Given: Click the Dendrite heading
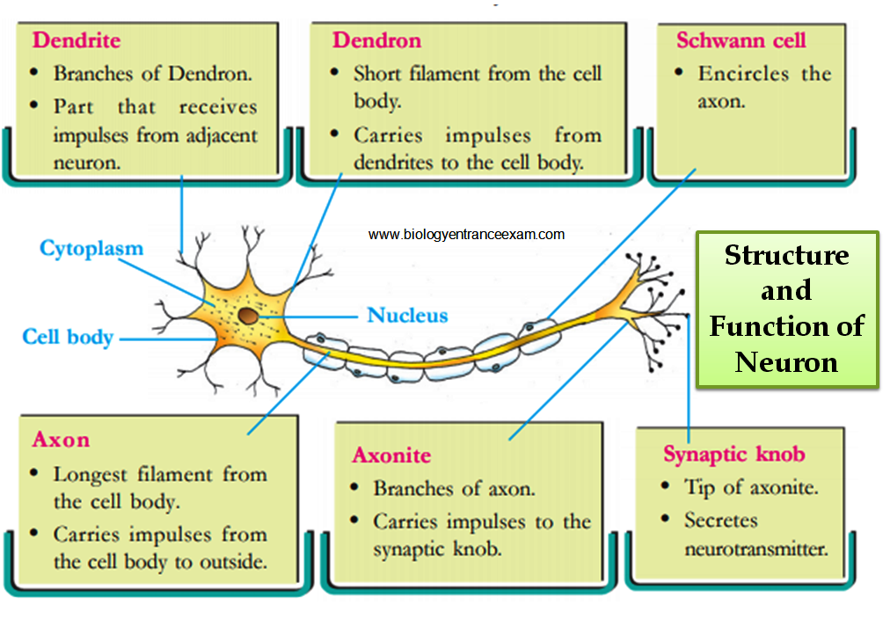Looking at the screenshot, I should (x=76, y=40).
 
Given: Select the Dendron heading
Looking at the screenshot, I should (x=376, y=40).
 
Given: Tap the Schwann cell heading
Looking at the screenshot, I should (x=740, y=40).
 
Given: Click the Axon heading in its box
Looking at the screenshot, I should (x=61, y=440).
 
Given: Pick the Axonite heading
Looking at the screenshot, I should (x=391, y=455).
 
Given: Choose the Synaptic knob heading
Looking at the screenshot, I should (x=733, y=455).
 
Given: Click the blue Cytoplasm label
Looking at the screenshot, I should (x=91, y=249).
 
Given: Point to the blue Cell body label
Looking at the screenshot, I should (x=68, y=338).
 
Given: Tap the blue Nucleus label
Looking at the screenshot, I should (x=407, y=316).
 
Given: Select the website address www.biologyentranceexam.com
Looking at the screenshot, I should (x=466, y=235).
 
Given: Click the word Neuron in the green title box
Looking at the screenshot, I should (x=786, y=361).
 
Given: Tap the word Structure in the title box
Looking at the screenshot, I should (x=786, y=256).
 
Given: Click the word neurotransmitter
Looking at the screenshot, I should (x=755, y=550).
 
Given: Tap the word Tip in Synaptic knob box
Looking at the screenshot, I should (x=700, y=487).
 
